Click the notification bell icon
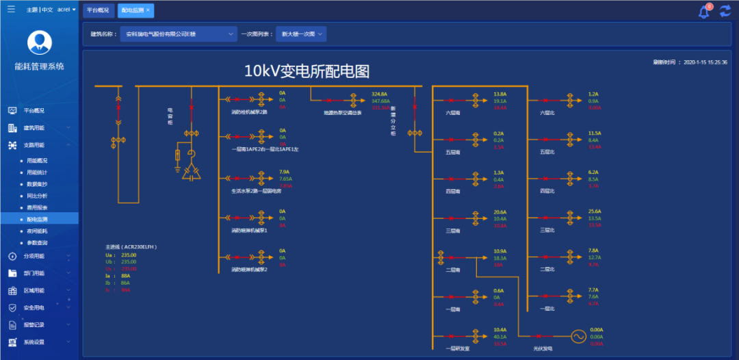coord(703,11)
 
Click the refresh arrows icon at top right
coord(725,11)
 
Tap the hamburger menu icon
coord(11,9)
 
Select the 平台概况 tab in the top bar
coord(97,10)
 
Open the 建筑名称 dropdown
coord(178,34)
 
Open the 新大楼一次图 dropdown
coord(300,34)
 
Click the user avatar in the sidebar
coord(39,42)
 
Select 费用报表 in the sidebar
coord(37,207)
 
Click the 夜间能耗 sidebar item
coord(37,231)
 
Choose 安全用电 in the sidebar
coord(34,308)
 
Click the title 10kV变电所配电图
coord(307,71)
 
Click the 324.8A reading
coord(380,94)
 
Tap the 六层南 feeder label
coord(453,113)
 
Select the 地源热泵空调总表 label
coord(343,113)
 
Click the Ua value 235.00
coord(129,255)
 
